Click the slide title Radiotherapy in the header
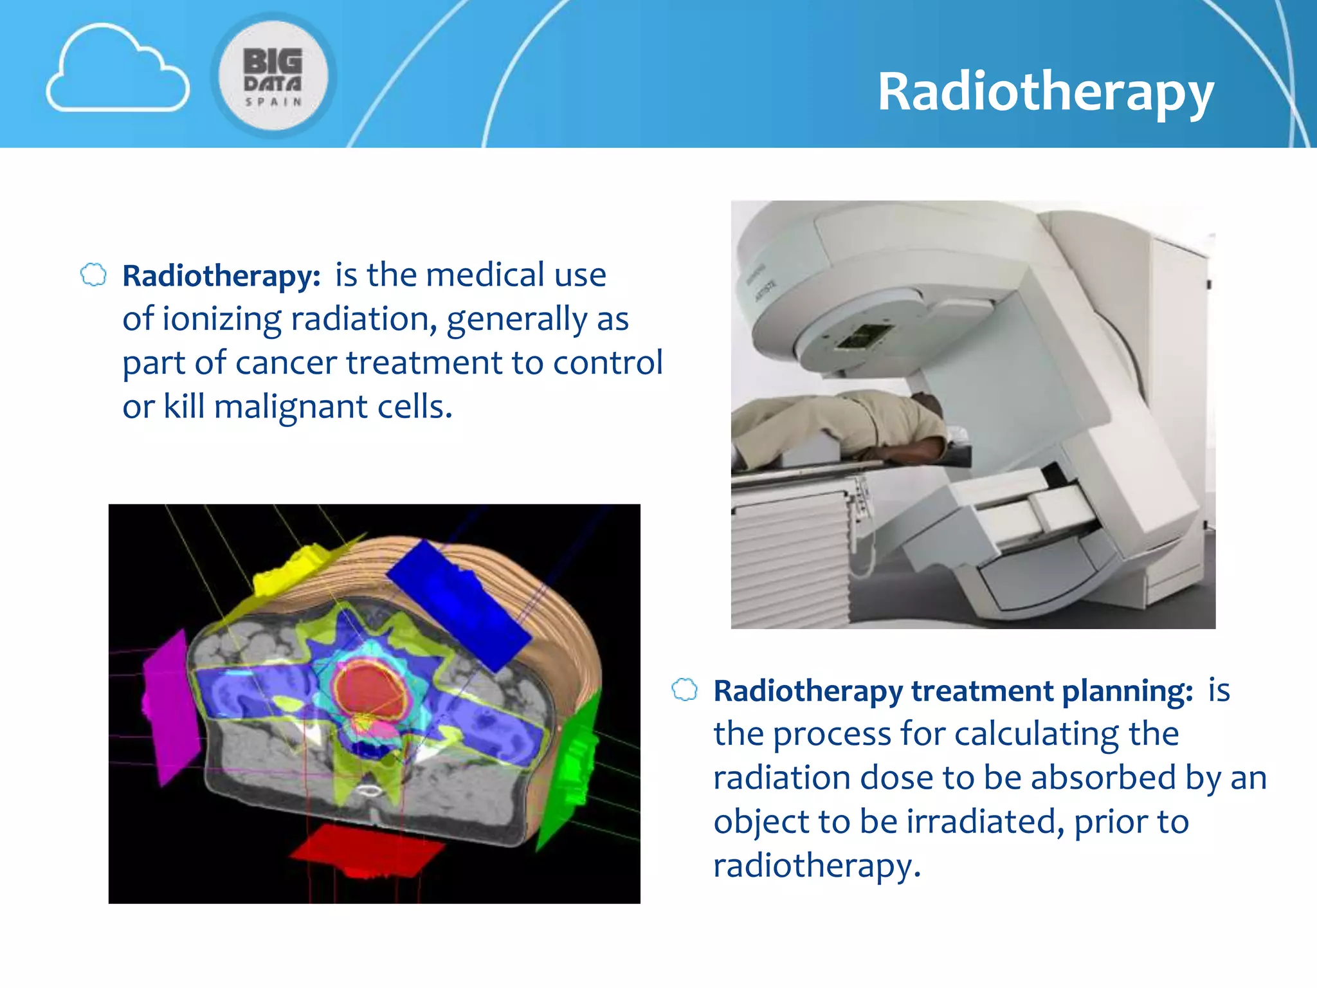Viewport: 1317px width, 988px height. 1046,92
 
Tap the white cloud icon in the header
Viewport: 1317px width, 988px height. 118,71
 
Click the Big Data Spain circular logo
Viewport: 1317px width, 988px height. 273,76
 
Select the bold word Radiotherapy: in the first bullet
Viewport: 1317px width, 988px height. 221,276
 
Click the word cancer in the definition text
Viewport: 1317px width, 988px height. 286,363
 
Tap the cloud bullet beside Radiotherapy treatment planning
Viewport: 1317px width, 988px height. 684,690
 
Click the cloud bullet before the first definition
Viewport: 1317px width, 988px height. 93,275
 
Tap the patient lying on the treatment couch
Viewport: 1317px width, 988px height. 842,425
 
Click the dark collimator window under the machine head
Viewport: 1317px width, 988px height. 864,336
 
